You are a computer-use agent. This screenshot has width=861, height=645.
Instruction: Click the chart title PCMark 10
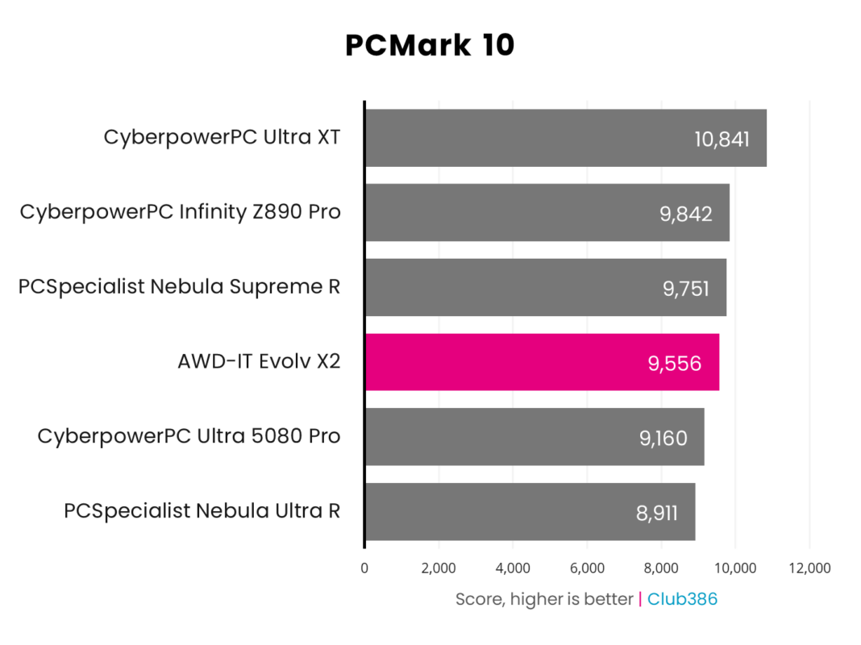pos(430,46)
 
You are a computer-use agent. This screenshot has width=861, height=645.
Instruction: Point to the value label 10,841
pos(722,139)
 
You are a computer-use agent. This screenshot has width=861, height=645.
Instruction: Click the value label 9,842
pos(685,213)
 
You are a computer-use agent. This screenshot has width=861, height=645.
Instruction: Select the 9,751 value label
pos(682,288)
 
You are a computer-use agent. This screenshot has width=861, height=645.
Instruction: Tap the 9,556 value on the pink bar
pos(675,363)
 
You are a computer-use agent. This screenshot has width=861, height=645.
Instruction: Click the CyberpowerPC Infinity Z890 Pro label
pos(180,212)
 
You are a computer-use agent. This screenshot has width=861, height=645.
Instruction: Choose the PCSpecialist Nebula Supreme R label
pos(179,287)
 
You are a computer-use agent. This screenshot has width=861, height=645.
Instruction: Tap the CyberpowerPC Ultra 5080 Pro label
pos(189,437)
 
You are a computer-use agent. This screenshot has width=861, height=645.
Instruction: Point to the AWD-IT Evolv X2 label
pos(259,362)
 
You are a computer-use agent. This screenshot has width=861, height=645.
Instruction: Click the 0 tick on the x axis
pos(364,568)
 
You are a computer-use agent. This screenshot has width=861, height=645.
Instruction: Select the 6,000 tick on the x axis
pos(587,568)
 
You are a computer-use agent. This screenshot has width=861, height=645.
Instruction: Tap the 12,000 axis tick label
pos(809,568)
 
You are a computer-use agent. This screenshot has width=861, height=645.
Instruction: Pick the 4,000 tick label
pos(513,568)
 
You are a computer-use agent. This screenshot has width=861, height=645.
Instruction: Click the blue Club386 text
pos(682,599)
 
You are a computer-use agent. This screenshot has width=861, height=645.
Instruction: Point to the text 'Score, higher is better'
pos(544,599)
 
